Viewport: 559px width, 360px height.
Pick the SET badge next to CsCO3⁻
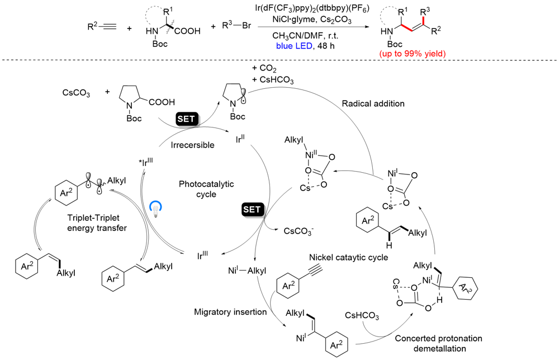(252, 210)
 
